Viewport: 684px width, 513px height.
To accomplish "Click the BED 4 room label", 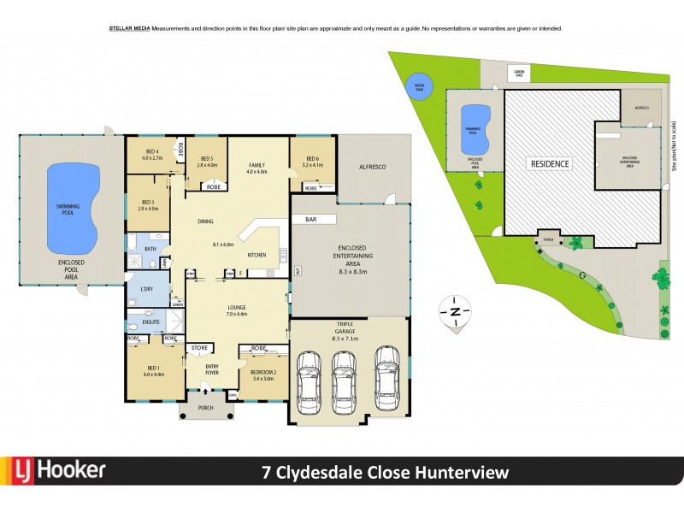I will pos(151,155).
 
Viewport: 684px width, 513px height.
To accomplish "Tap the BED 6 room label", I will pos(310,160).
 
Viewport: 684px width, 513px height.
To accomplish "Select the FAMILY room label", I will pos(257,167).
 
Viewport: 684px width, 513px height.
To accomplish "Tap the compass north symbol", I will pos(456,311).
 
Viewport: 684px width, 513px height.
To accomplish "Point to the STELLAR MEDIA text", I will pos(129,29).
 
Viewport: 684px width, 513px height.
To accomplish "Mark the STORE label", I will pos(199,348).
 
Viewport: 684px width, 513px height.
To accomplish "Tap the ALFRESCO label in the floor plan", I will pos(372,170).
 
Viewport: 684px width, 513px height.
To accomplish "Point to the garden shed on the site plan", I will pos(516,73).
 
